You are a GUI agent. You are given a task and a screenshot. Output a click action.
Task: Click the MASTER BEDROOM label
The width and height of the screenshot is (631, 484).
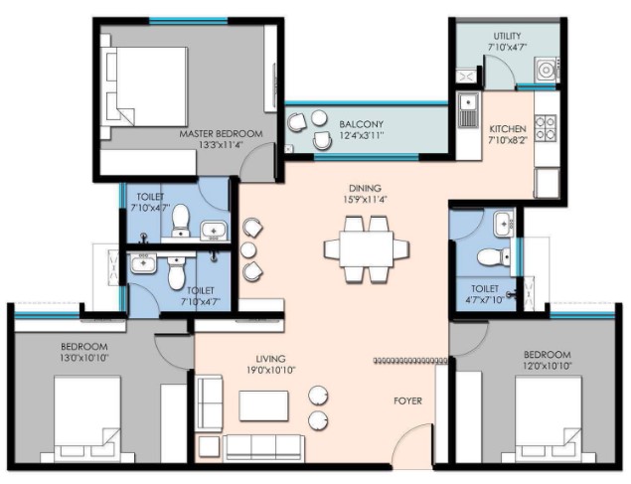[221, 133]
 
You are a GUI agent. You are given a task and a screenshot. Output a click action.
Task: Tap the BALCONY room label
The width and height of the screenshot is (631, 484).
[361, 124]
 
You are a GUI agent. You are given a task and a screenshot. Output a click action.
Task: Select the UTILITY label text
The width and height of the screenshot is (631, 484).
[507, 36]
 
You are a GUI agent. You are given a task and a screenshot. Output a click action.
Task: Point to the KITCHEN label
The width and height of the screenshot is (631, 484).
[508, 129]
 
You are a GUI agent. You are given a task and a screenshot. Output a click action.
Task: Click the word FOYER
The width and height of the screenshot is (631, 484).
[407, 401]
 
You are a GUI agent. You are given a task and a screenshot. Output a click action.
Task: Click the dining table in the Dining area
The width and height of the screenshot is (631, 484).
[367, 248]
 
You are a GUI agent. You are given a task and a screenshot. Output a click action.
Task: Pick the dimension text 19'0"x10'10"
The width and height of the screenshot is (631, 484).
[271, 370]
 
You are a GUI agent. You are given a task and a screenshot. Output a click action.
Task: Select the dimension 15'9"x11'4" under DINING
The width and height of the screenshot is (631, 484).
[365, 199]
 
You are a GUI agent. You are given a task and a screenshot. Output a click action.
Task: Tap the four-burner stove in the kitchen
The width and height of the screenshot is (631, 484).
[546, 128]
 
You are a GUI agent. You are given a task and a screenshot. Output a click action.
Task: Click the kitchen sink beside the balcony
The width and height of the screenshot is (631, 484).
[468, 110]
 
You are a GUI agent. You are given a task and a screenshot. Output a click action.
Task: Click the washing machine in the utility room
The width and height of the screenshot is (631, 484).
[547, 70]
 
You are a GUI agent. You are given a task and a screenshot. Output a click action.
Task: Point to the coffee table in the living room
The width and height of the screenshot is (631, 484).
[263, 405]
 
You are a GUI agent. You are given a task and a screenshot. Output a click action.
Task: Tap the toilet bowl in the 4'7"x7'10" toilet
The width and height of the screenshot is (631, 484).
[493, 256]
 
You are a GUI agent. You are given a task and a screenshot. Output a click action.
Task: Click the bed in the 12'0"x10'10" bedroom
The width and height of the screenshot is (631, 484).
[549, 418]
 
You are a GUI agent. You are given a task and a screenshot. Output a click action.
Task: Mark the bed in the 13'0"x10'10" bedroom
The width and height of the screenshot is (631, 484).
[87, 418]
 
